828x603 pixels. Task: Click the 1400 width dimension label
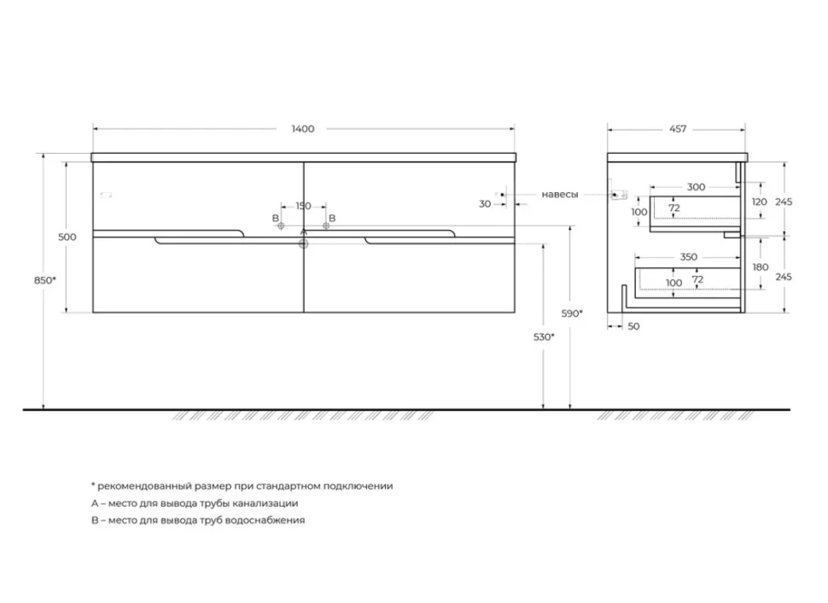pyautogui.click(x=303, y=129)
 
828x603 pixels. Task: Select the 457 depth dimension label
pyautogui.click(x=678, y=129)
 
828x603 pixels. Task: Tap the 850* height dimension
pyautogui.click(x=45, y=280)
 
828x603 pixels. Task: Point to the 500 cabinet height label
pyautogui.click(x=67, y=237)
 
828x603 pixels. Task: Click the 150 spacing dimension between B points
pyautogui.click(x=303, y=206)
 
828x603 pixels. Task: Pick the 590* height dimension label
pyautogui.click(x=572, y=313)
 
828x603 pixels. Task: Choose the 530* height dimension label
pyautogui.click(x=544, y=337)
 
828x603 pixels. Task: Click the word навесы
pyautogui.click(x=560, y=195)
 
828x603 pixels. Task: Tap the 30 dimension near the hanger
pyautogui.click(x=485, y=203)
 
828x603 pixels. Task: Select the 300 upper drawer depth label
pyautogui.click(x=696, y=187)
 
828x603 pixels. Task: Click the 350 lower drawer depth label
pyautogui.click(x=689, y=257)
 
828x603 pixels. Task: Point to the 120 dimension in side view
pyautogui.click(x=760, y=202)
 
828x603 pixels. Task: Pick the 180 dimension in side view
pyautogui.click(x=761, y=266)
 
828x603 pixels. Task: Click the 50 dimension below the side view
pyautogui.click(x=633, y=326)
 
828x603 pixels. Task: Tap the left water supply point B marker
pyautogui.click(x=281, y=225)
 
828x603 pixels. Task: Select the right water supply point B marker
pyautogui.click(x=326, y=225)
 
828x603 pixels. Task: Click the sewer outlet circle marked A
pyautogui.click(x=303, y=243)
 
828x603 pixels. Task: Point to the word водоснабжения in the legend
pyautogui.click(x=265, y=520)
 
